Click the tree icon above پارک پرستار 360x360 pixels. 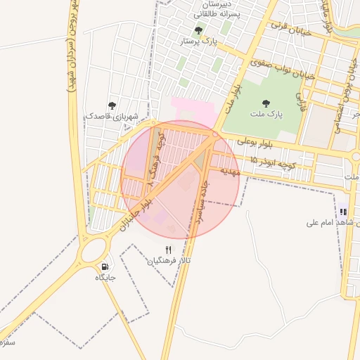[x=199, y=31]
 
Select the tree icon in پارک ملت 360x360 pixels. [x=266, y=103]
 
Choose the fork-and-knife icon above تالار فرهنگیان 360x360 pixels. [x=168, y=250]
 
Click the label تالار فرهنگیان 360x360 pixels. [x=169, y=261]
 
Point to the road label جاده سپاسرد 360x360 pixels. [x=198, y=205]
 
